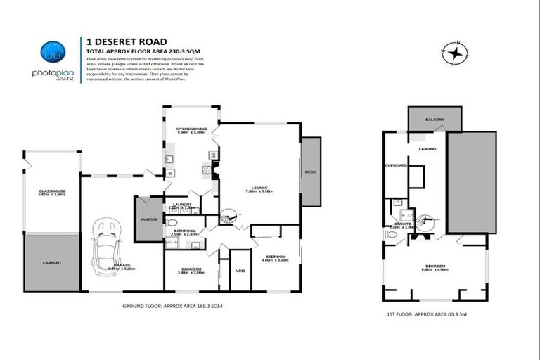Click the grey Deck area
click(x=310, y=172)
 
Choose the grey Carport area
click(x=51, y=262)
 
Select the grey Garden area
click(x=149, y=219)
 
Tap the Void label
click(x=240, y=270)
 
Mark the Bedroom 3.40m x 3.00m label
click(x=191, y=270)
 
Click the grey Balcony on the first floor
click(x=435, y=120)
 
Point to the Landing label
click(x=427, y=149)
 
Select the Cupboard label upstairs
click(x=396, y=165)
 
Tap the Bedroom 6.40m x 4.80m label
click(x=435, y=269)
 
